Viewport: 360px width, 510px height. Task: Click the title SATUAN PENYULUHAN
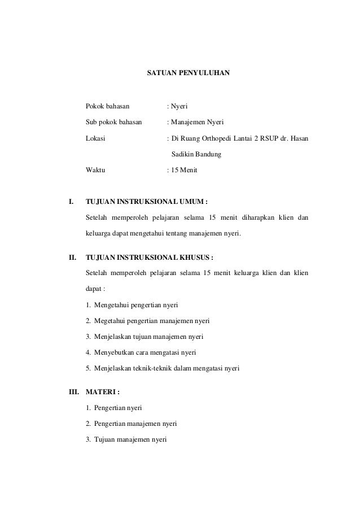point(188,73)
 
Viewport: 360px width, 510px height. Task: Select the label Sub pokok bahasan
point(113,121)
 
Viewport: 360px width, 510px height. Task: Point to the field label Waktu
point(95,169)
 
